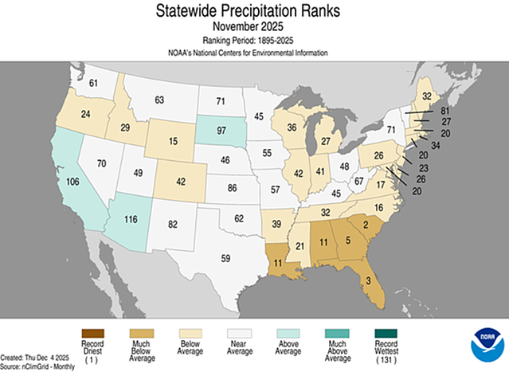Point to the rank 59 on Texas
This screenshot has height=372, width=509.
225,257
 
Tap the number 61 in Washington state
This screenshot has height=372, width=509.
92,84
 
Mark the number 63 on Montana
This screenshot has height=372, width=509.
159,100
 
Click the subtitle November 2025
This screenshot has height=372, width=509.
254,25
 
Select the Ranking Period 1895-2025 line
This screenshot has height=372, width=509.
254,39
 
